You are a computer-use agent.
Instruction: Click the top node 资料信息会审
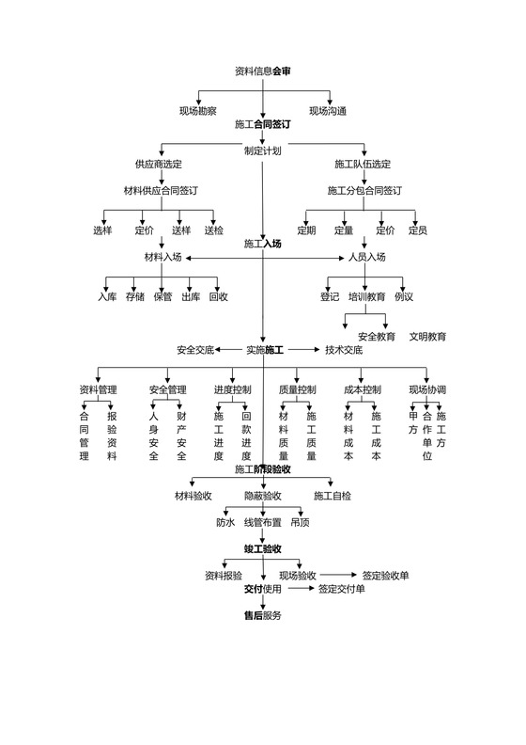pos(262,71)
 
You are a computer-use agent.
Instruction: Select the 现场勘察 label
pos(198,111)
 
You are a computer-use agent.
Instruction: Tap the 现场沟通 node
pos(328,111)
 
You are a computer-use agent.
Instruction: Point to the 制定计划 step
pos(262,151)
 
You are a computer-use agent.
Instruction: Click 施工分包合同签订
pos(364,191)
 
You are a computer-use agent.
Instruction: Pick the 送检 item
pos(213,230)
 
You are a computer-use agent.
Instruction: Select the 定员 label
pos(418,230)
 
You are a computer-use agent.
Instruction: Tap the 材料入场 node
pos(162,257)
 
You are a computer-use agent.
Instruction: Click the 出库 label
pos(191,297)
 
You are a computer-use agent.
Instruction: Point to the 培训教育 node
pos(367,297)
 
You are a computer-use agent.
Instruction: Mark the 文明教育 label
pos(427,337)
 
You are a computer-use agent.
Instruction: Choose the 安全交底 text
pos(195,350)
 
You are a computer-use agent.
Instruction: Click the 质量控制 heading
pos(298,390)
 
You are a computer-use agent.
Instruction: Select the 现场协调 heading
pos(427,390)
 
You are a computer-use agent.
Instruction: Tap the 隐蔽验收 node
pos(263,496)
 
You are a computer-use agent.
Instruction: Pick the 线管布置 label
pos(263,522)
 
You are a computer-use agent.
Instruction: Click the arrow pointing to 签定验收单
pos(339,575)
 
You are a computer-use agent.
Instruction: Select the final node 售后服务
pos(262,615)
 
